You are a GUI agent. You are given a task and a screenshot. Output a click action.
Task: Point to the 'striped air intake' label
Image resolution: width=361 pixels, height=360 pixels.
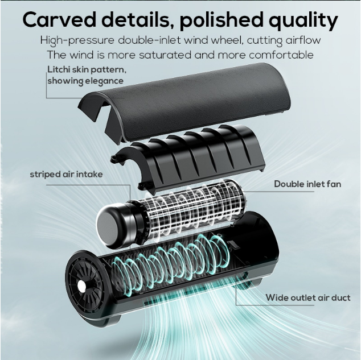pos(66,174)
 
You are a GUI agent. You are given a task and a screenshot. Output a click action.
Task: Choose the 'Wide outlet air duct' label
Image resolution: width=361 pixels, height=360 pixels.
pos(307,297)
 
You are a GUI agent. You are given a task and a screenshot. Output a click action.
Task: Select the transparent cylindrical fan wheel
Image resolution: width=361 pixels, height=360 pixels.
pos(188,208)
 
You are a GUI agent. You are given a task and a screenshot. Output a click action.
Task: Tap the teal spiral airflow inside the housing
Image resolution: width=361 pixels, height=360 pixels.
pos(182,256)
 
